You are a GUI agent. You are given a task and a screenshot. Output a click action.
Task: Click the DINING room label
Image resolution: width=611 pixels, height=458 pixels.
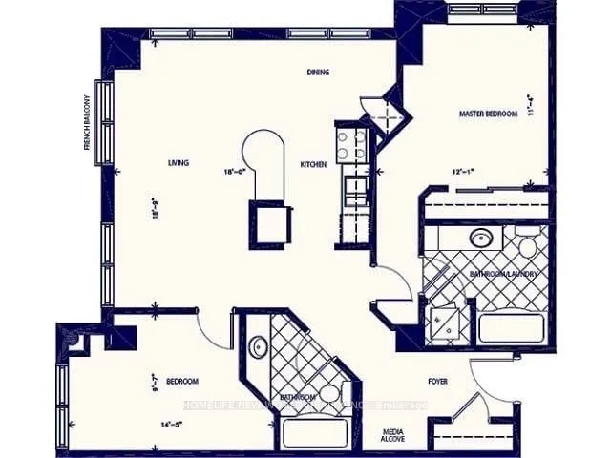click(x=318, y=73)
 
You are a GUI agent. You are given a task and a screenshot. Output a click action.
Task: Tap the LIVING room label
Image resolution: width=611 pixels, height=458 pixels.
click(x=178, y=163)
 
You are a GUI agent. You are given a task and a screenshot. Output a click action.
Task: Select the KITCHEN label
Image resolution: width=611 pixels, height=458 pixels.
click(x=313, y=165)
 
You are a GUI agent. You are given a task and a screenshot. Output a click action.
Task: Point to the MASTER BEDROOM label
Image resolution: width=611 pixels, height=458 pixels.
click(x=488, y=114)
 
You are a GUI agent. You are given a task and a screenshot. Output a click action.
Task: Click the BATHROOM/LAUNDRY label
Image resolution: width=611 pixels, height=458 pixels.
click(x=505, y=274)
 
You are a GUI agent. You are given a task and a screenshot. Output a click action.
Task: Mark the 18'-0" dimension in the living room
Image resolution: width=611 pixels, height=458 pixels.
click(x=235, y=172)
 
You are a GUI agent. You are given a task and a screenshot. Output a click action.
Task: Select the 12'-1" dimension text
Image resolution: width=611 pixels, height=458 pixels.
click(x=464, y=173)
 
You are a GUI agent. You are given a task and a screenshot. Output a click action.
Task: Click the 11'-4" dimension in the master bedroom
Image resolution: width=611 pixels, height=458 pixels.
click(x=530, y=103)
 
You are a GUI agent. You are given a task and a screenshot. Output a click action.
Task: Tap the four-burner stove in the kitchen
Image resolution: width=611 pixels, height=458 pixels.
click(x=349, y=145)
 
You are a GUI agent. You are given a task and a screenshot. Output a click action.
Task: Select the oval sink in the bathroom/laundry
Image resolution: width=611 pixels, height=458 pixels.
click(x=479, y=239)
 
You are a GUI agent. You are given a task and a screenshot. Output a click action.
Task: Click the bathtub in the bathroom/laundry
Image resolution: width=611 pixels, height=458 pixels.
click(x=512, y=327)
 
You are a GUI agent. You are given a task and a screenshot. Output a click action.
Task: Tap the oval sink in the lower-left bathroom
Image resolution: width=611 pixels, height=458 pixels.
click(x=258, y=346)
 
